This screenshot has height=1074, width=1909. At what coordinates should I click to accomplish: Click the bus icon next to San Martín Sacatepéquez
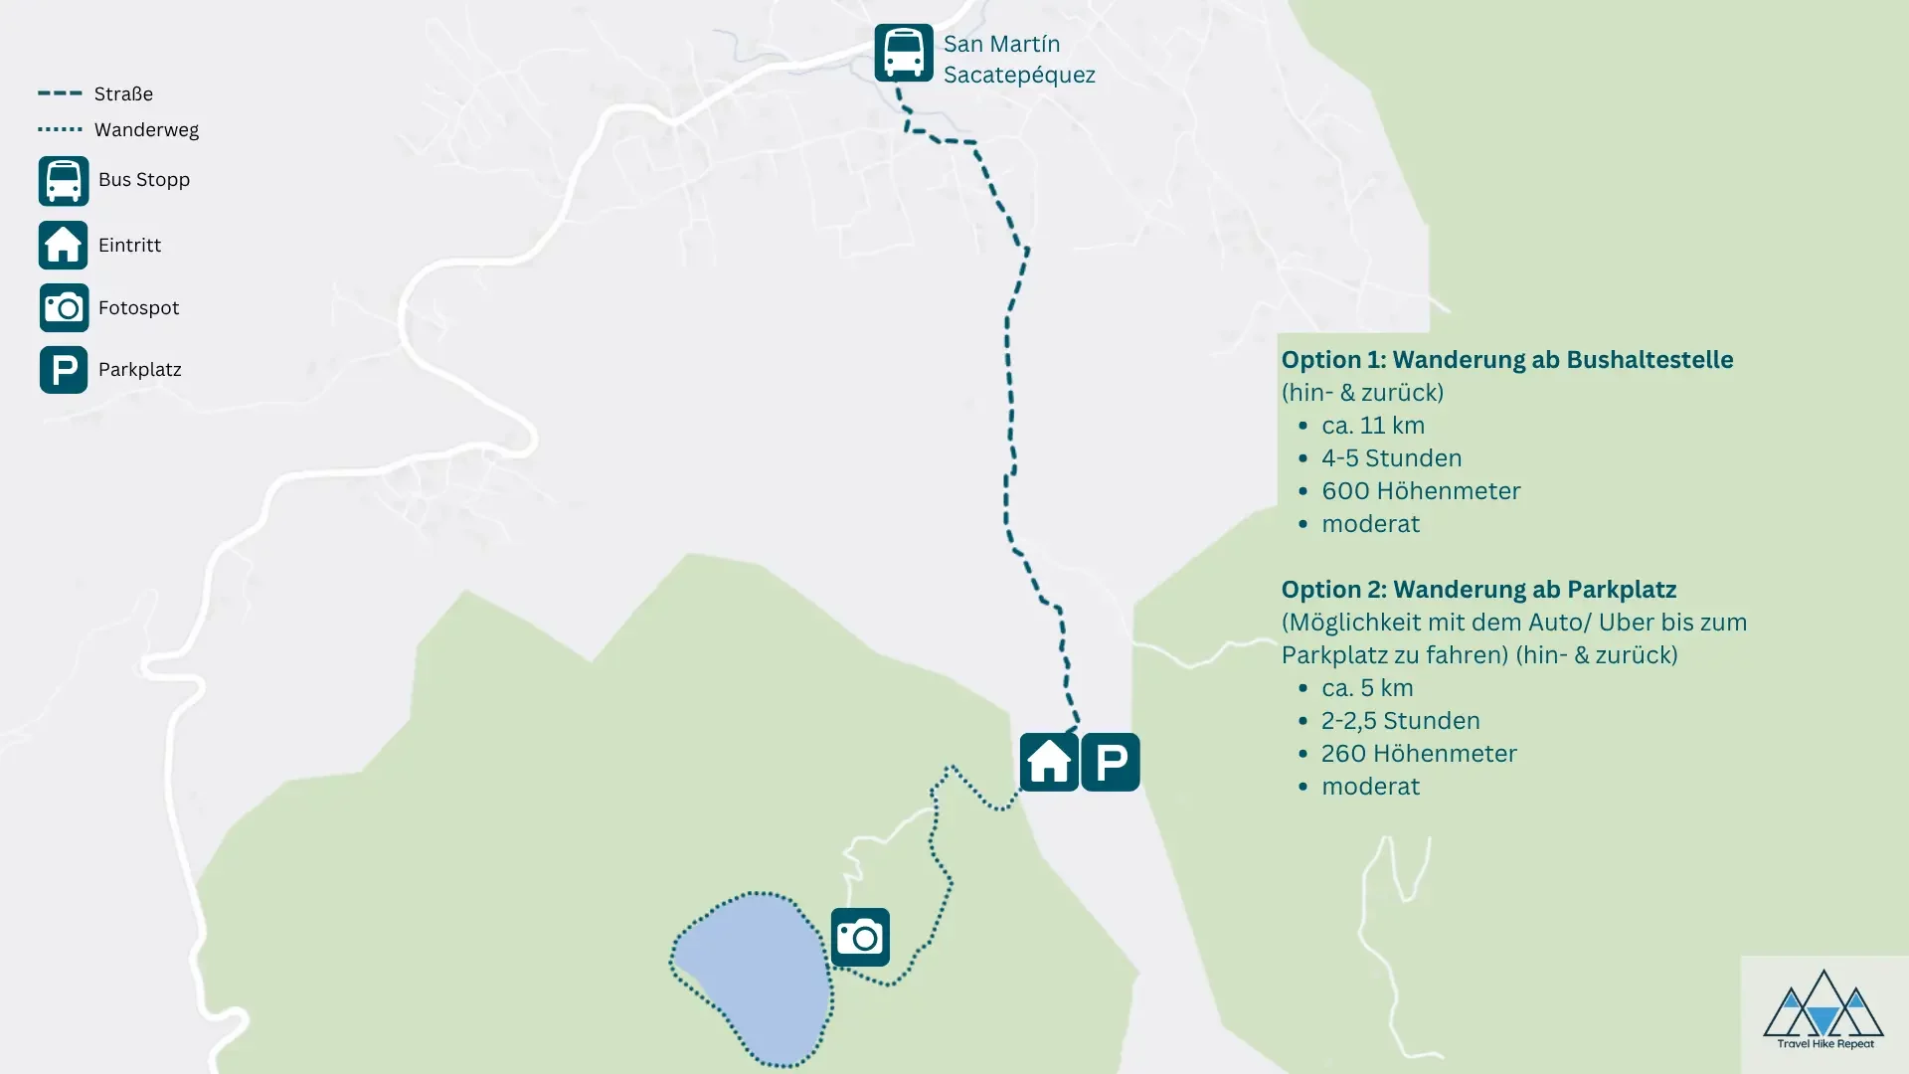(903, 53)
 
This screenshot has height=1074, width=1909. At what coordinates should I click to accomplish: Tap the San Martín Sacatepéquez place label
(1018, 59)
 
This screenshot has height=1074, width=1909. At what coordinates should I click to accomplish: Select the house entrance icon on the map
(1049, 763)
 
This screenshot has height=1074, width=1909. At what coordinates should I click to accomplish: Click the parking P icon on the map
(1111, 763)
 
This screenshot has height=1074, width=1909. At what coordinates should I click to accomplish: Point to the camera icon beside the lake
(860, 937)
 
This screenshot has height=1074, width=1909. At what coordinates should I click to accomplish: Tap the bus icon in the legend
(64, 181)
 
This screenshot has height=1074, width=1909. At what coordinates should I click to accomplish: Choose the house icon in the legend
(64, 246)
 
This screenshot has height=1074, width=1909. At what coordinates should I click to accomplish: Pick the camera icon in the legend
(64, 308)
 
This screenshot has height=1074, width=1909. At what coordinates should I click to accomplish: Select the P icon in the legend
(64, 370)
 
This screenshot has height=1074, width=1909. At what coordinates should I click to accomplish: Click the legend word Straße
(123, 94)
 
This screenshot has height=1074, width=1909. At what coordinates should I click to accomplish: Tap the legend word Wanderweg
(146, 130)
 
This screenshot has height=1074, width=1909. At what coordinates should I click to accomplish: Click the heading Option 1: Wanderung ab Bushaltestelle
(1506, 360)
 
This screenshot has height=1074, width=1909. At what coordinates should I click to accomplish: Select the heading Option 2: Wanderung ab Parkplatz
(1478, 590)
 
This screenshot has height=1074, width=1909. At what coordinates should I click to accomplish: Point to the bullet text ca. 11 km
(1373, 426)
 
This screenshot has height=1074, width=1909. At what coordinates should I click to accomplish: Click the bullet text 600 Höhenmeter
(1421, 491)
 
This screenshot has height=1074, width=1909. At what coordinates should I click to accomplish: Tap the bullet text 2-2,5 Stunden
(1400, 721)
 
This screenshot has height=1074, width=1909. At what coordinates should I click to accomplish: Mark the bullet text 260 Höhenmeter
(1419, 754)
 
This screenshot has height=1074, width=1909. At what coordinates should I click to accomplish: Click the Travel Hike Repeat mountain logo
(1823, 1009)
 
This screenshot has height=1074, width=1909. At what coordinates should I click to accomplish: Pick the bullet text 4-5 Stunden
(1391, 458)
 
